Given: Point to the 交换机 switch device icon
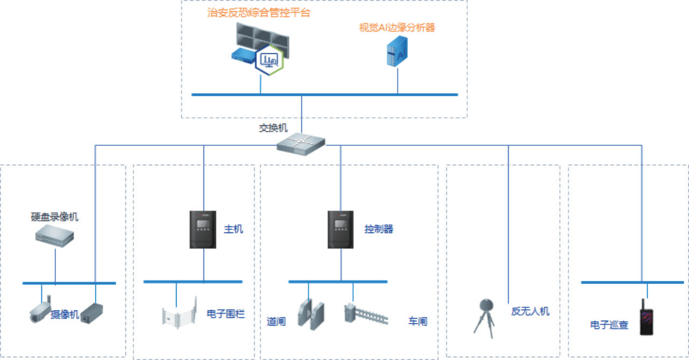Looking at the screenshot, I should coord(301,143).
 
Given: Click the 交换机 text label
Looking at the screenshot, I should coord(273,128).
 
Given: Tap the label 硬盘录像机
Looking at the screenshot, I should coord(54,217).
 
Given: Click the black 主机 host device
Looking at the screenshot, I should coord(203,230).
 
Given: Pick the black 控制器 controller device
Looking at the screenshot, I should coord(341,230).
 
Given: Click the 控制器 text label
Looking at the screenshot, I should coord(379,229).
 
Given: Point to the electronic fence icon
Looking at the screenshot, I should coord(177,317).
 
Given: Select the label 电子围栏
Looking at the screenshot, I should coord(226,314).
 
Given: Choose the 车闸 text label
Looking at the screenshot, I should coord(418,322).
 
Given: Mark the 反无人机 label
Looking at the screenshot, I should coord(530,311).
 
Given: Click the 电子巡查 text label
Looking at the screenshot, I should coord(609,325).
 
